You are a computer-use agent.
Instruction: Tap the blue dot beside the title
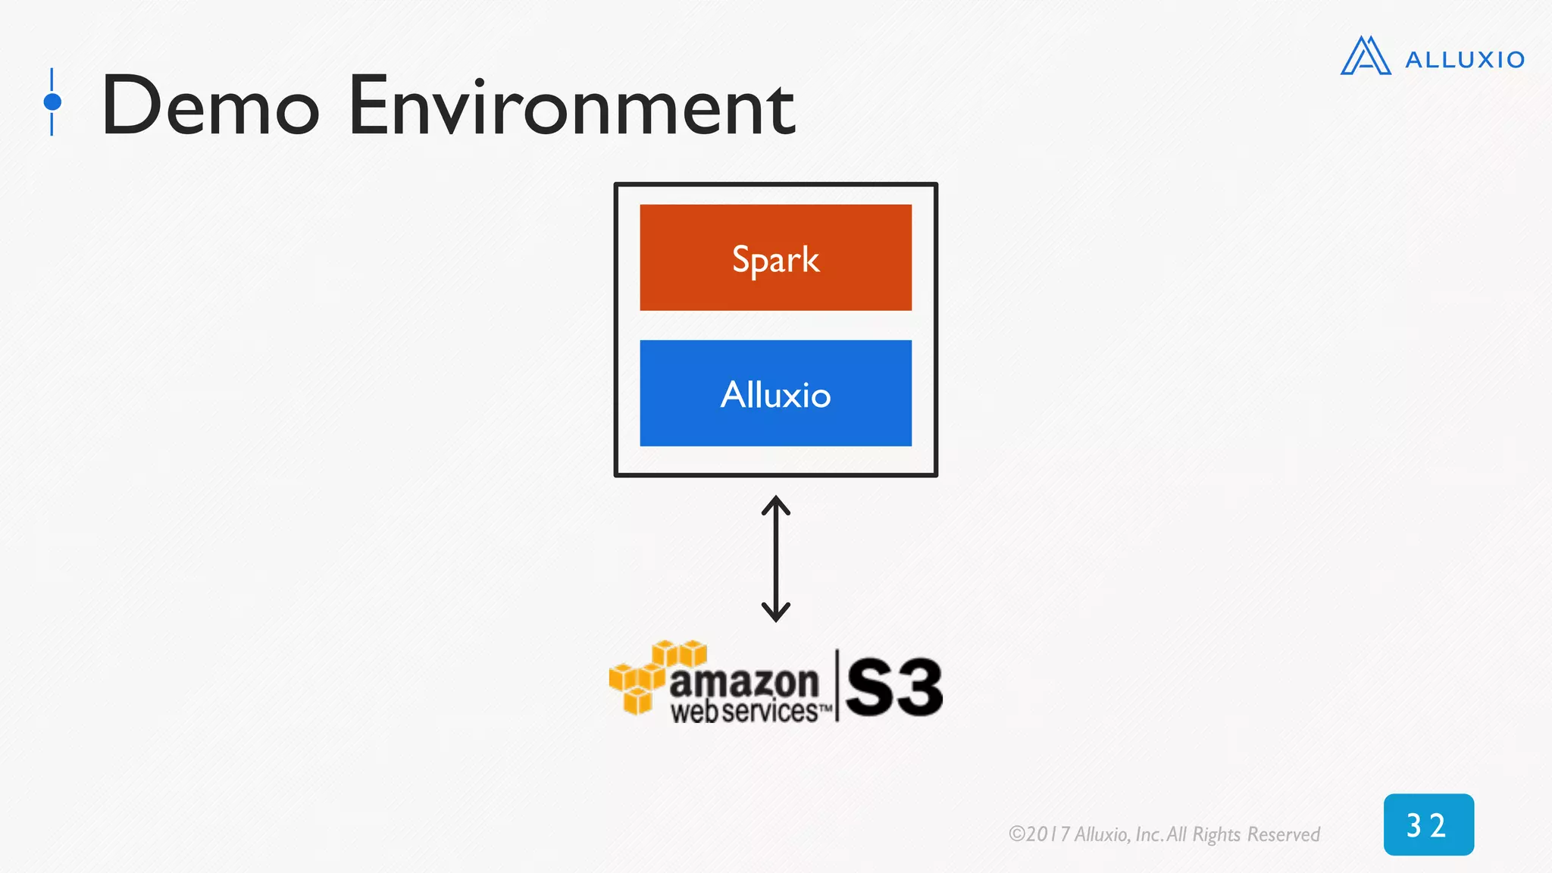click(52, 102)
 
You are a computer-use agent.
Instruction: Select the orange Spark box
click(775, 258)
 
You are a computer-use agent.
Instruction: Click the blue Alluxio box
click(775, 393)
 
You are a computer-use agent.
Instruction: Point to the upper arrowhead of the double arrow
click(776, 504)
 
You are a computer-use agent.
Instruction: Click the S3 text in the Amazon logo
click(894, 687)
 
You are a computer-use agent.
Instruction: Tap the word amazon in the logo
click(744, 681)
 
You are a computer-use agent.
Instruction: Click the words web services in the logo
click(744, 712)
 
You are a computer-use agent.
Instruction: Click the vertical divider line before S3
click(837, 685)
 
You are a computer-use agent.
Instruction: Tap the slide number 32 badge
click(1428, 824)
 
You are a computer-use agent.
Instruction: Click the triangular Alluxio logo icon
click(1366, 56)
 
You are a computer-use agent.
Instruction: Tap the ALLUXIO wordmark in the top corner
click(1464, 60)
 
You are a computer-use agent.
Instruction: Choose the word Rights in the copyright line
click(1216, 834)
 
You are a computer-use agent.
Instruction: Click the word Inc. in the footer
click(1149, 834)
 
